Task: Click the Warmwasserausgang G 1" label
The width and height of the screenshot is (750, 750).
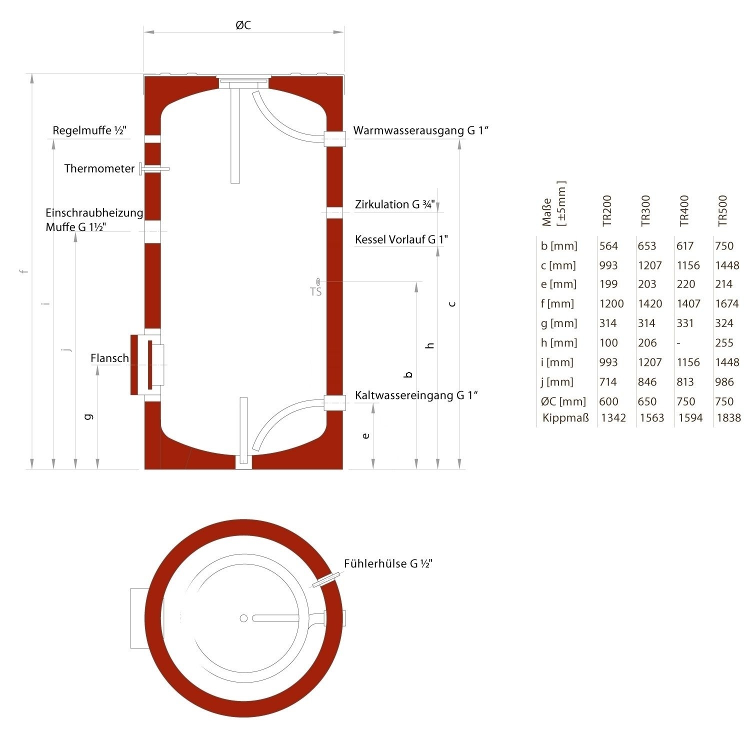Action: pos(420,130)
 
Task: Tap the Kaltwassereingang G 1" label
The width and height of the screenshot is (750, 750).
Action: pos(416,395)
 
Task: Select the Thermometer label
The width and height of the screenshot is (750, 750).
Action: pos(99,168)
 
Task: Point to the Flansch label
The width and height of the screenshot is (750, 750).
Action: pos(109,358)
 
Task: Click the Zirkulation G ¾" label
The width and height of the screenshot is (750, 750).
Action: pos(395,204)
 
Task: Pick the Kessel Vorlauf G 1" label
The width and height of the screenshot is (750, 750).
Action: pos(401,239)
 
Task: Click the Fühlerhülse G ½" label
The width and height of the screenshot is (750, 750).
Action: pos(388,563)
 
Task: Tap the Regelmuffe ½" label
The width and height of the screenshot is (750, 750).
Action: pos(89,130)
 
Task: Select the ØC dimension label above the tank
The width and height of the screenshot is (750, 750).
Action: pos(243,25)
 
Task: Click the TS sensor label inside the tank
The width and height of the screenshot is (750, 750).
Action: pos(315,292)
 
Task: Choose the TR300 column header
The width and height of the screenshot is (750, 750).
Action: pos(646,210)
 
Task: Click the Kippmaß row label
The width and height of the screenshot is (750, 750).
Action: pos(565,417)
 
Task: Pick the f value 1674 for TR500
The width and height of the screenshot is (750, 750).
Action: pos(726,303)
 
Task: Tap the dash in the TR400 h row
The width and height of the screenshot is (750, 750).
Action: pos(678,343)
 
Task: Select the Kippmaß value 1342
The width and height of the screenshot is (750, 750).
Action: pos(613,417)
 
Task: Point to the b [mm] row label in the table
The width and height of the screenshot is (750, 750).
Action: pos(558,246)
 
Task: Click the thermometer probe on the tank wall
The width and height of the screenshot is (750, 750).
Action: pos(154,169)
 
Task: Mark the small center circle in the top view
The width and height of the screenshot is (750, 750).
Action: pos(243,618)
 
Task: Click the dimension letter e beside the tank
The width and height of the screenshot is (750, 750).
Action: pos(366,435)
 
